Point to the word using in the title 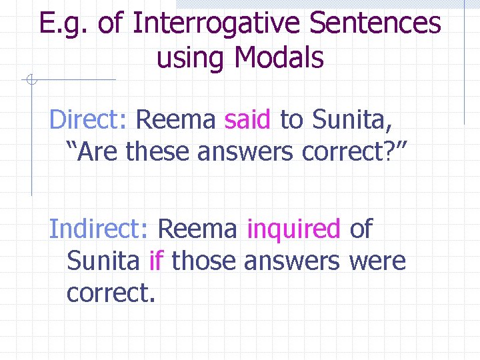pos(191,59)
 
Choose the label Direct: pos(88,120)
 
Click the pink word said pos(248,120)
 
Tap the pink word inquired pos(294,229)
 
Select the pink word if pos(156,261)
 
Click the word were pos(377,261)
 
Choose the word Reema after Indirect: pos(197,229)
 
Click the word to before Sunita pos(291,121)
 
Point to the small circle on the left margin pos(31,81)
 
